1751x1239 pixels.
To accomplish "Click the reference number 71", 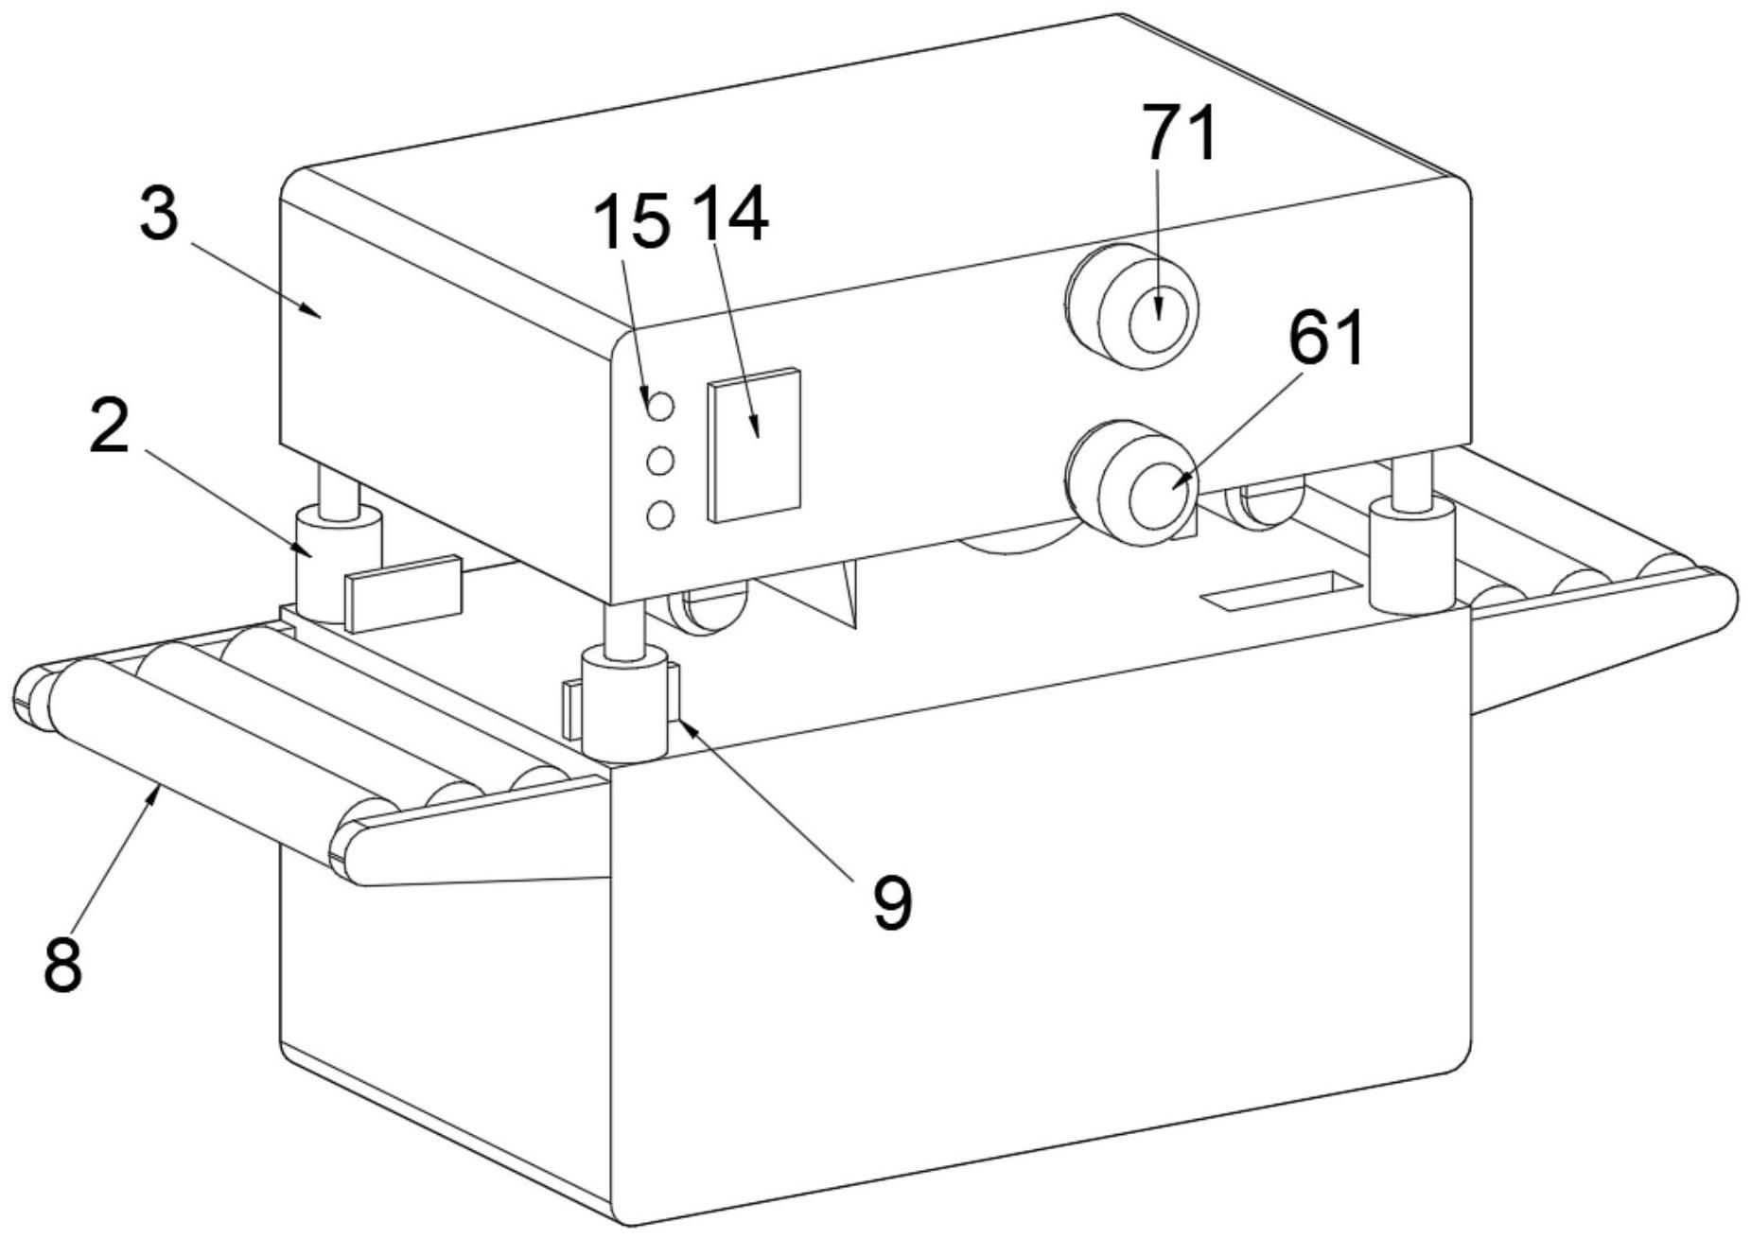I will [x=1180, y=133].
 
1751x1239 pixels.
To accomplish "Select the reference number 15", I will [x=631, y=220].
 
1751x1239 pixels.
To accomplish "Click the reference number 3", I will [x=158, y=214].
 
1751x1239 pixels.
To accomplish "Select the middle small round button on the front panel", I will [x=660, y=462].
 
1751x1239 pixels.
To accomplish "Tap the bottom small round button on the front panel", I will [x=660, y=515].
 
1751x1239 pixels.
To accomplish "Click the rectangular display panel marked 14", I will [x=754, y=445].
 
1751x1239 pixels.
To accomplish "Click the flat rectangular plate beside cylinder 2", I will [x=404, y=593].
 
